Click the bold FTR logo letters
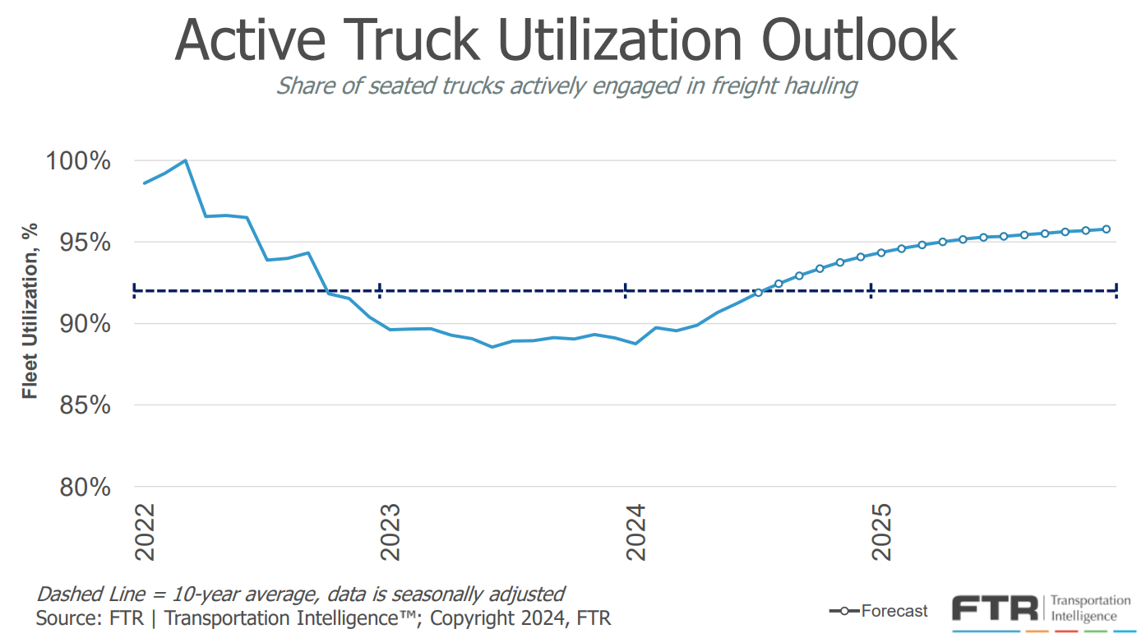[995, 609]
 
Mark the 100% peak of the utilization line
[186, 160]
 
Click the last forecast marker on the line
[1107, 229]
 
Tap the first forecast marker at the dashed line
[758, 292]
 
